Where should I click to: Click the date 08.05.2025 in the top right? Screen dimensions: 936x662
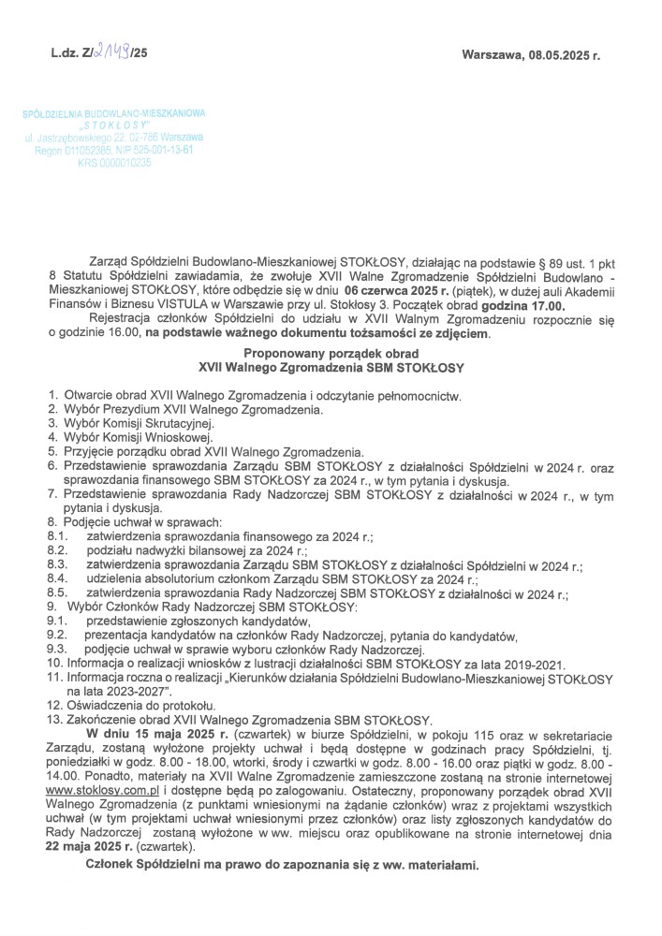coord(554,56)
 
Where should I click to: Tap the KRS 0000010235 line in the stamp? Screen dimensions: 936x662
coord(114,162)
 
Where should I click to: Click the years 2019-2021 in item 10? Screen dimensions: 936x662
coord(533,663)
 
